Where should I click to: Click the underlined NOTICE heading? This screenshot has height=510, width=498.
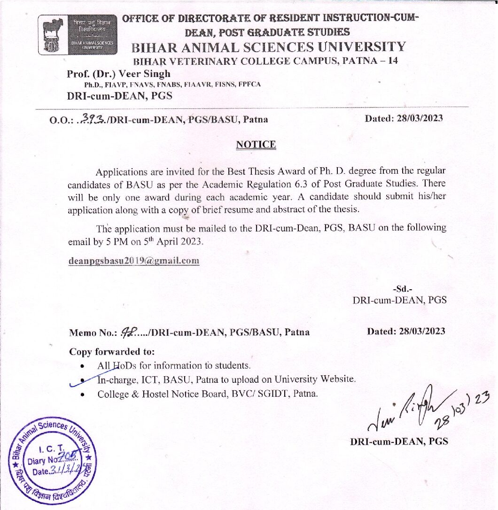click(256, 145)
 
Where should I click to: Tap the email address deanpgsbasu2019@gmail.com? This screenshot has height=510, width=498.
click(134, 261)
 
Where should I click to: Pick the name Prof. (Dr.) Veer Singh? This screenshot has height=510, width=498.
click(118, 74)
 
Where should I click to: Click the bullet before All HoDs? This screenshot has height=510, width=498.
click(83, 365)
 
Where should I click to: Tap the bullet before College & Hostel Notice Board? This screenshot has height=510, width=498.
click(83, 394)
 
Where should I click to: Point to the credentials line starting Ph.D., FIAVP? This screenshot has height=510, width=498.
click(172, 85)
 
